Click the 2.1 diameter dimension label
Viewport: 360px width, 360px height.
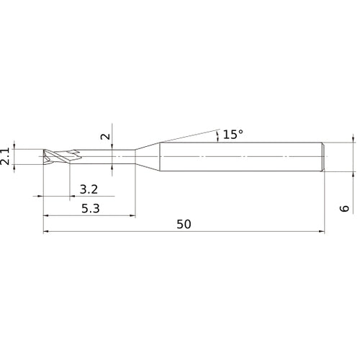click(6, 156)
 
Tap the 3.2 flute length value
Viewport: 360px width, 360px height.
click(89, 190)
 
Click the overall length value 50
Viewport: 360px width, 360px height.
click(184, 225)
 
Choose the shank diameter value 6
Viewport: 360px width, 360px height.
click(345, 208)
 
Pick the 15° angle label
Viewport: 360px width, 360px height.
click(233, 135)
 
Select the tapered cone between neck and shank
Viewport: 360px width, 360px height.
click(148, 157)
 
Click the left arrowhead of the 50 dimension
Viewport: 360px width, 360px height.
click(47, 232)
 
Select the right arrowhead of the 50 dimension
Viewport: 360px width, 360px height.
click(322, 232)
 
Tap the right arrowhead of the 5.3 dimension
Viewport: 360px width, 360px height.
click(132, 215)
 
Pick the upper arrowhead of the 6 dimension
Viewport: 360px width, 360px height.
click(353, 139)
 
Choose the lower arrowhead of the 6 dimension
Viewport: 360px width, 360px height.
click(353, 174)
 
